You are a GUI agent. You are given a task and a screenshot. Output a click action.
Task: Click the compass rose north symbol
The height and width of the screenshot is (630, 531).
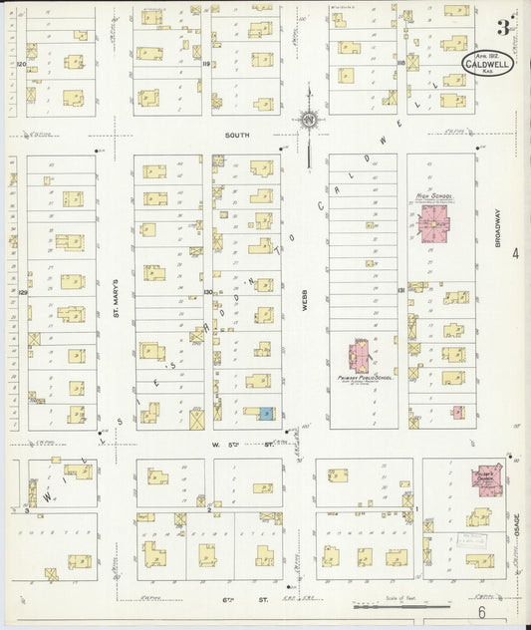tap(309, 121)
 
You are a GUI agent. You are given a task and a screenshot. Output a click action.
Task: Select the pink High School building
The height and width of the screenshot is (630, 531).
tap(435, 226)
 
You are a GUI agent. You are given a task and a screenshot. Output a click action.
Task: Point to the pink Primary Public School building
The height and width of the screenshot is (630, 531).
tap(360, 355)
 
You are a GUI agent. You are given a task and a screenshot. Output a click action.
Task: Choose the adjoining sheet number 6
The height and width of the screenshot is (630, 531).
tap(480, 615)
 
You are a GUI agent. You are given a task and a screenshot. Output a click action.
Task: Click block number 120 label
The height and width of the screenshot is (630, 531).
tap(20, 63)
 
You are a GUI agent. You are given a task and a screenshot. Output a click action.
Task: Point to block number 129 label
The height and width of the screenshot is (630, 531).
tap(21, 292)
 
